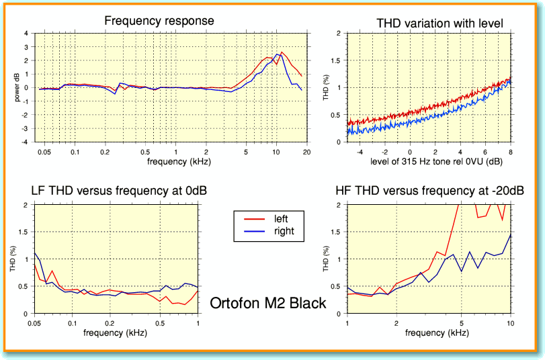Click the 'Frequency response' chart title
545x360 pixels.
[159, 21]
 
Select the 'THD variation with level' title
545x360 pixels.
[440, 24]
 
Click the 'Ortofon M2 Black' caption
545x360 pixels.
[268, 303]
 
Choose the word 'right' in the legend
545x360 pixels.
[284, 232]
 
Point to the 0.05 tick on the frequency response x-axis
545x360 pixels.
[46, 152]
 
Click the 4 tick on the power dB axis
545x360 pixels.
[26, 33]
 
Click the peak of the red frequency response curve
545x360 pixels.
[282, 52]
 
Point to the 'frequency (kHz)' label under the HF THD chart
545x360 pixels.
[428, 333]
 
